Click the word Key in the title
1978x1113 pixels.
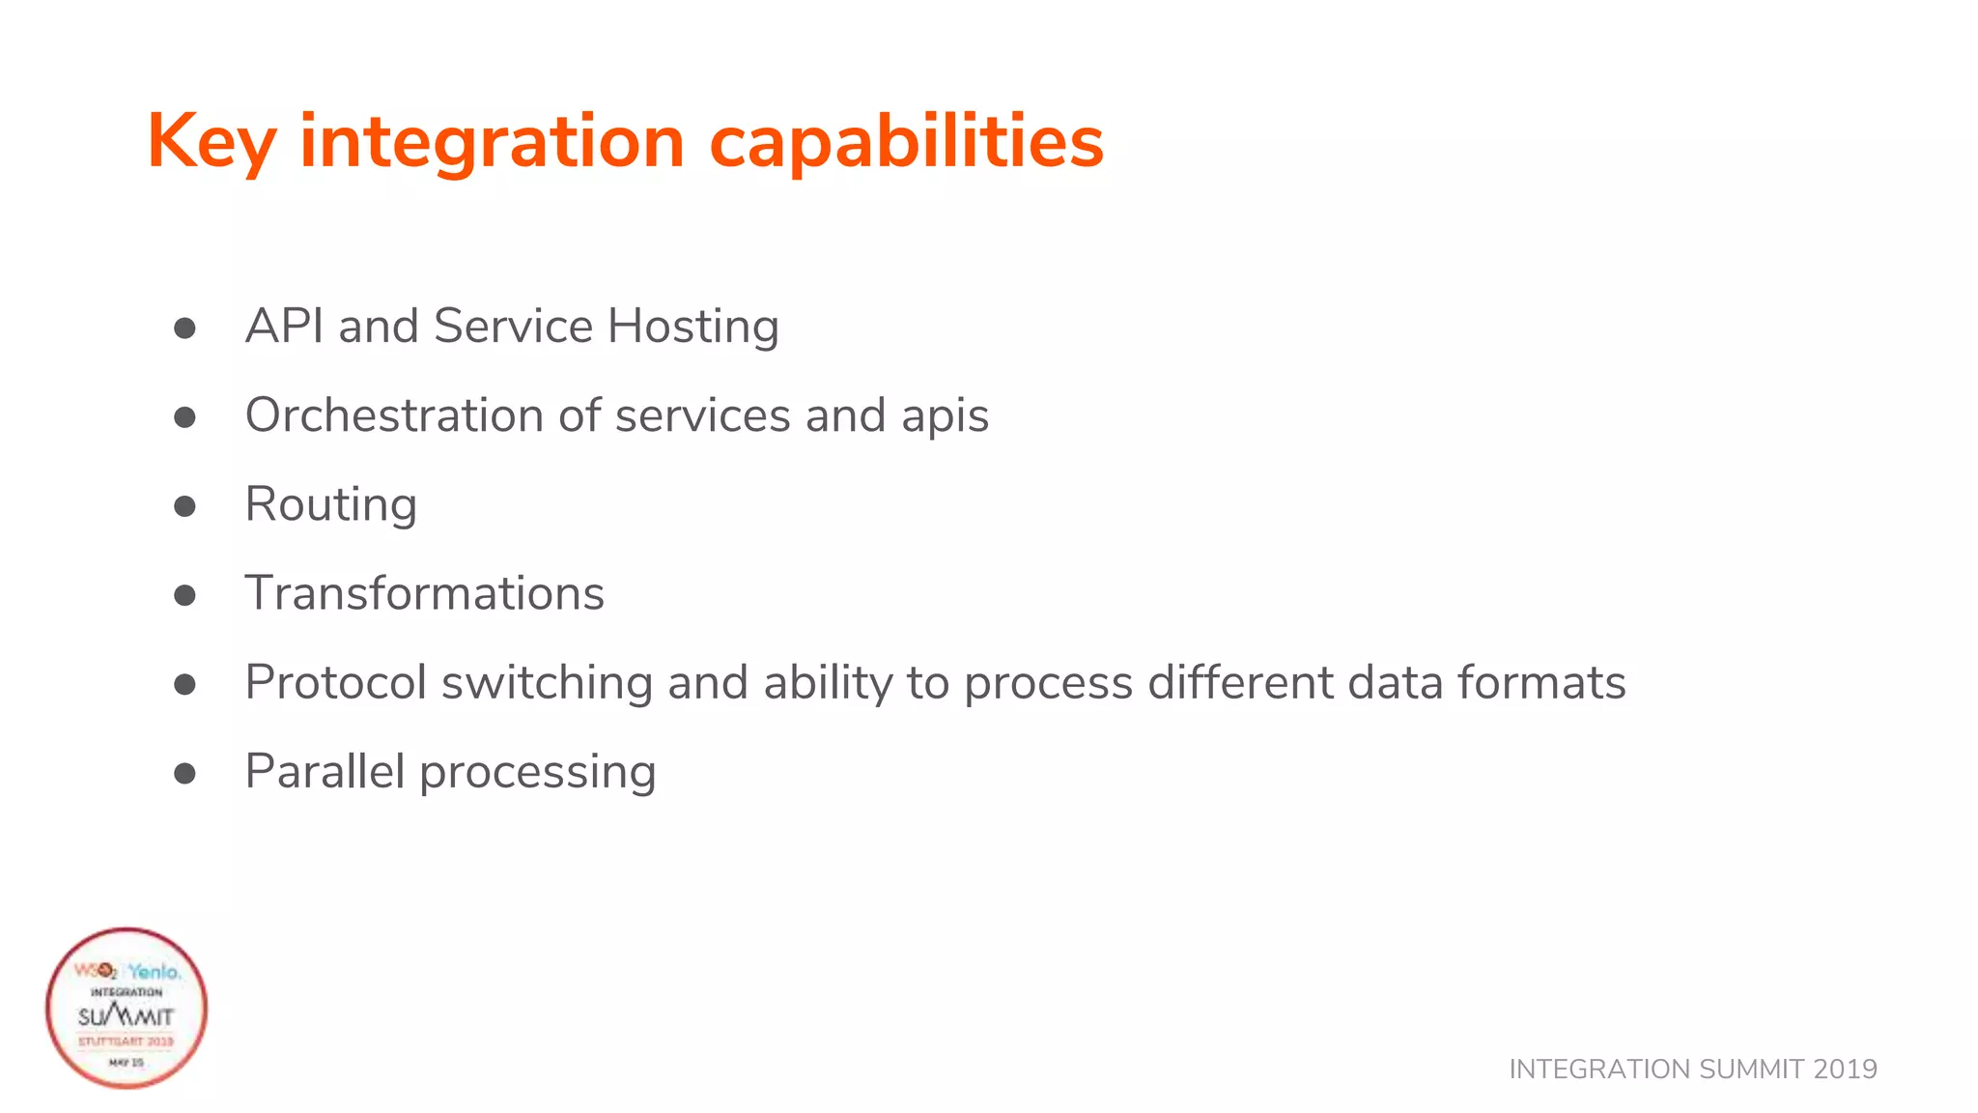coord(212,142)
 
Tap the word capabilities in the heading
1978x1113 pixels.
coord(906,142)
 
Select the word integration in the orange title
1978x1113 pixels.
coord(493,142)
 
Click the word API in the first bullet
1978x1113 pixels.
coord(284,327)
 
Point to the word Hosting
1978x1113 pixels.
coord(692,327)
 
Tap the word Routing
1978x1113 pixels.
coord(330,505)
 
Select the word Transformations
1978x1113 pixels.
coord(424,593)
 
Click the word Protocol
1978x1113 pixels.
coord(335,683)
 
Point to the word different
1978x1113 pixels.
coord(1240,683)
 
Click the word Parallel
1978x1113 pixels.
coord(325,772)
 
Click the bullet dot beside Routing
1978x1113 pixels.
coord(184,506)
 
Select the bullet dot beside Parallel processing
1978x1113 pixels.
coord(184,773)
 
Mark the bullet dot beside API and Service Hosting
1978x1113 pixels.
coord(184,328)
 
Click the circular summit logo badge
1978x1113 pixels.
coord(127,1008)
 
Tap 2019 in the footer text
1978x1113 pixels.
coord(1845,1070)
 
